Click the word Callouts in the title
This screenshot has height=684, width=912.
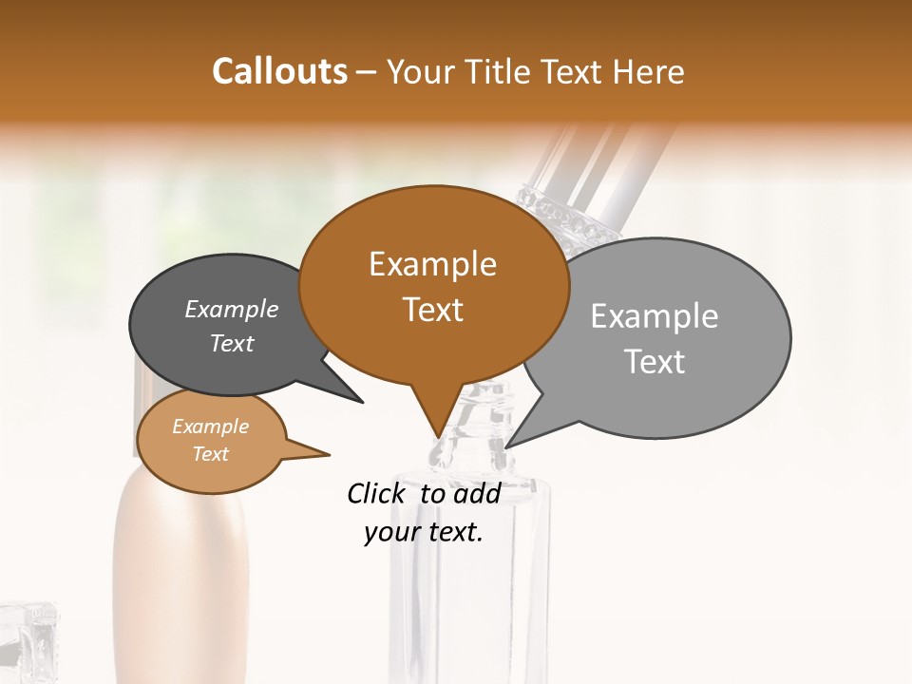279,71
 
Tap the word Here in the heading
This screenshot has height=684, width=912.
650,72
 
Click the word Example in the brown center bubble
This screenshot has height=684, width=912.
432,264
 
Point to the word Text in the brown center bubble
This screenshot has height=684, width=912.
432,310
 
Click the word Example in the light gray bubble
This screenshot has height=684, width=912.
655,317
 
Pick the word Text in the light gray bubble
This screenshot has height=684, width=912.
655,362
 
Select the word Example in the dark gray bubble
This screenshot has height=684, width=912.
232,310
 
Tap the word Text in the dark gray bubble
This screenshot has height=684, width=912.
232,344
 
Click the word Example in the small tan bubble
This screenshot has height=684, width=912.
211,427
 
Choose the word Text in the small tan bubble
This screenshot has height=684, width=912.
211,454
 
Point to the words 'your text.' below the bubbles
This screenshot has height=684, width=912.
424,533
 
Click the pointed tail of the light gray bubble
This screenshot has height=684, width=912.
518,438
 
